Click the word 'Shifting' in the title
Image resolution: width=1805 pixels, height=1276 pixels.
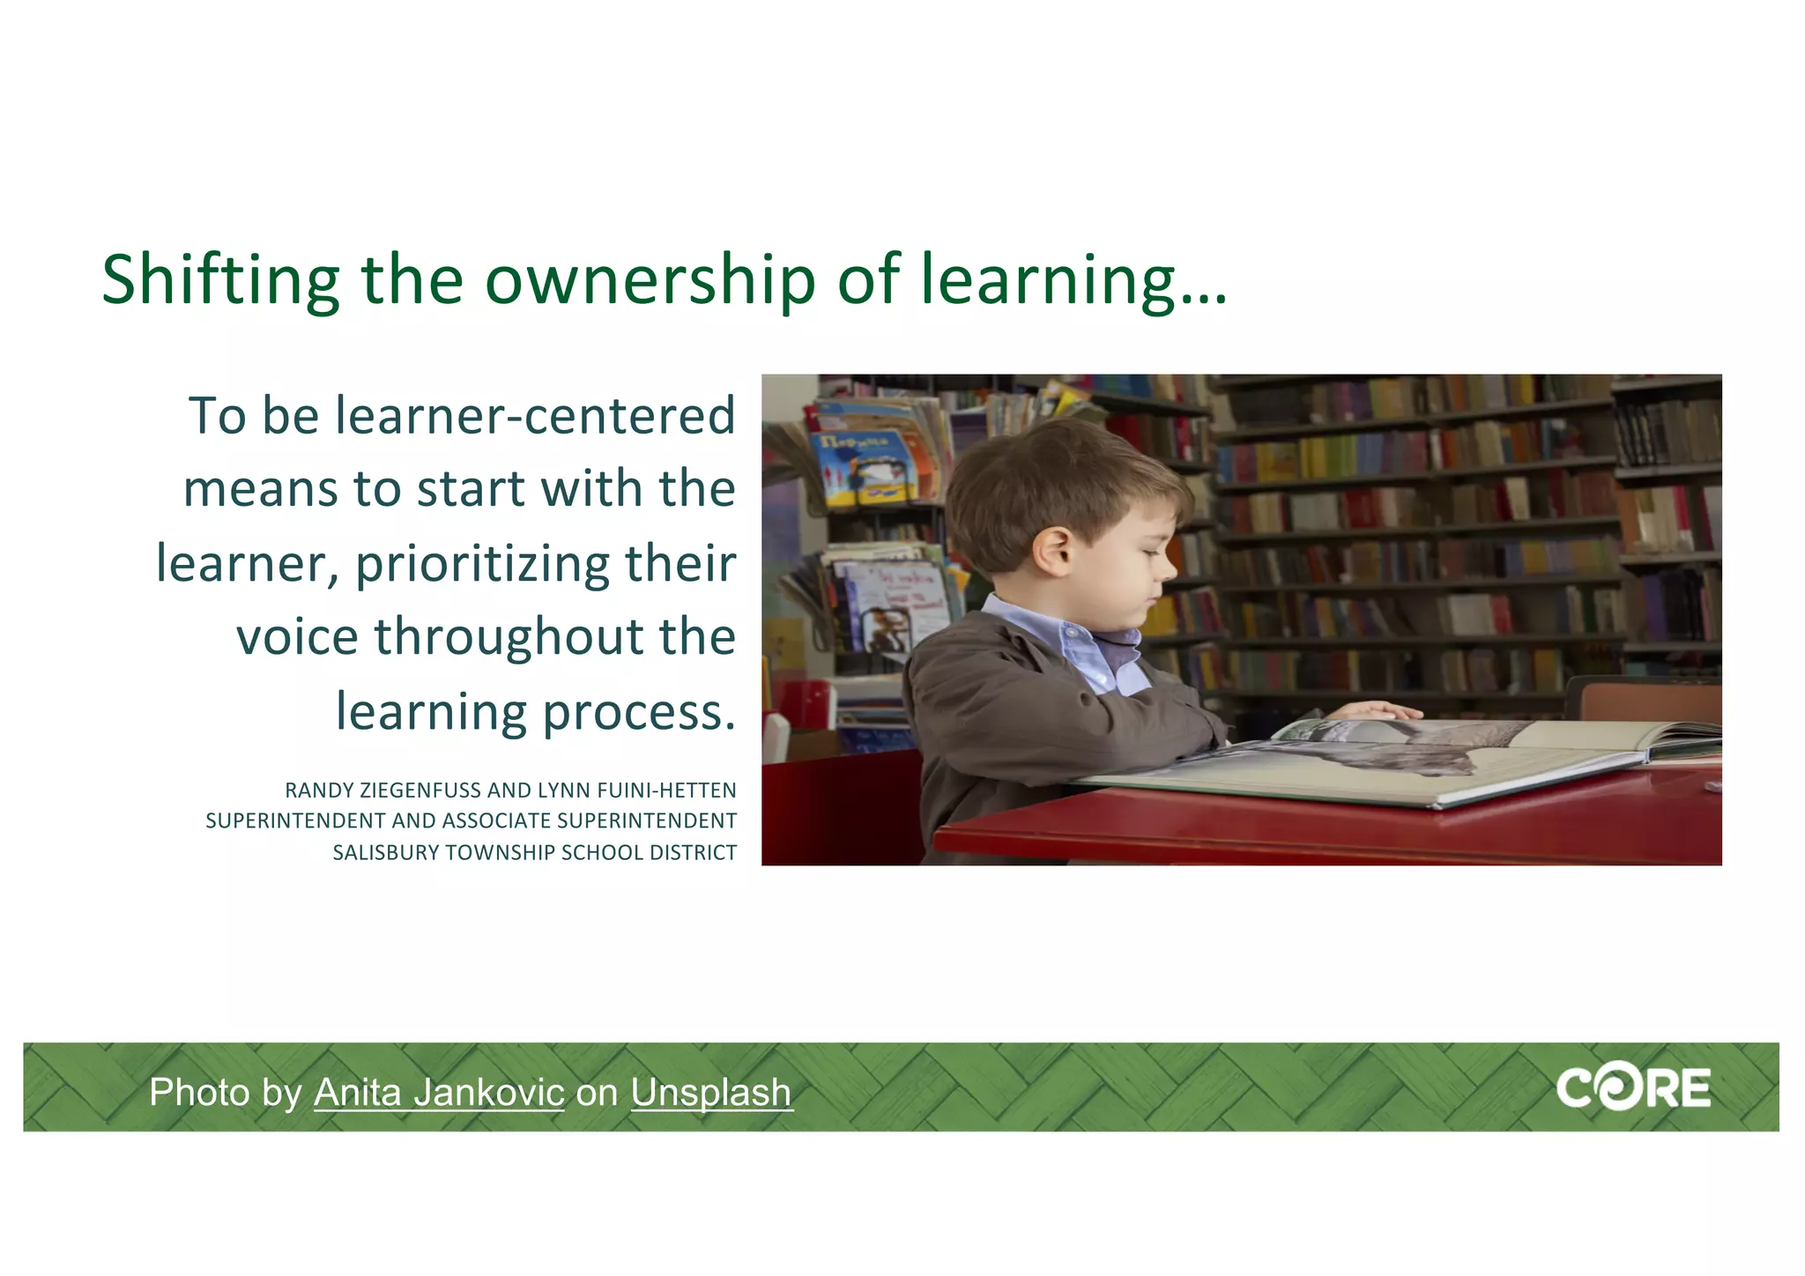pyautogui.click(x=220, y=280)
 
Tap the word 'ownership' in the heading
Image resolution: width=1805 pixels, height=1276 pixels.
pyautogui.click(x=650, y=280)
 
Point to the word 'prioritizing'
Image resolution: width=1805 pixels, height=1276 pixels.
pyautogui.click(x=481, y=564)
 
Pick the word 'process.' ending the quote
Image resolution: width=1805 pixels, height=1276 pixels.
pyautogui.click(x=638, y=711)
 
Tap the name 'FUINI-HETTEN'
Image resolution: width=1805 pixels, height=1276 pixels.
pyautogui.click(x=666, y=790)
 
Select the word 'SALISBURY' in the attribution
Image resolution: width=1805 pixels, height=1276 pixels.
pyautogui.click(x=386, y=853)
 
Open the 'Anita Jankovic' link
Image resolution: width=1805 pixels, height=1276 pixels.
pyautogui.click(x=439, y=1093)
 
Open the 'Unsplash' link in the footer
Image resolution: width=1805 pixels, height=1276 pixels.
pyautogui.click(x=711, y=1093)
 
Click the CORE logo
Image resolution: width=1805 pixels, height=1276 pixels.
pyautogui.click(x=1633, y=1089)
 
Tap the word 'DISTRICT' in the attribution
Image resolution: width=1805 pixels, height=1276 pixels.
pyautogui.click(x=693, y=853)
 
